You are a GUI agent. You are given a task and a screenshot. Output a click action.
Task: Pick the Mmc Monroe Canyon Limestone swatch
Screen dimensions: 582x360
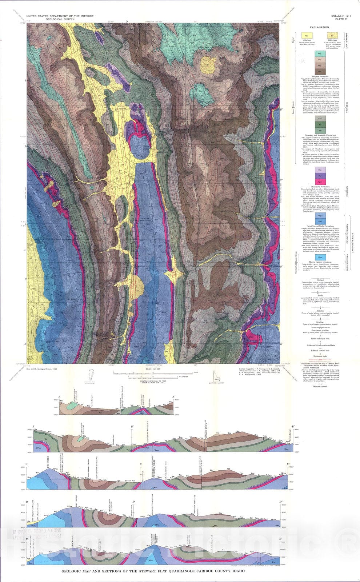pos(319,257)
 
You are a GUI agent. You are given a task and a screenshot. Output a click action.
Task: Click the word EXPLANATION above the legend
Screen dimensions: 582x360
pos(319,27)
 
